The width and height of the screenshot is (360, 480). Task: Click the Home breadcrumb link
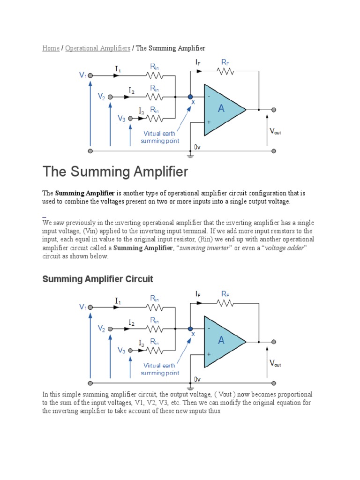51,48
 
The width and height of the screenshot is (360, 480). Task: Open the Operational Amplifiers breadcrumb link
97,48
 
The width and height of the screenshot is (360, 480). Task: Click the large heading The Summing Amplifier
115,172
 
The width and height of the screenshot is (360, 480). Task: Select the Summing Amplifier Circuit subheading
97,279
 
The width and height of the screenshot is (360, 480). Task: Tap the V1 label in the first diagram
82,75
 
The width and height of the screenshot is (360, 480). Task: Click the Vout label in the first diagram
275,132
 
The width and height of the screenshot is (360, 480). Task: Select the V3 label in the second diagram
121,350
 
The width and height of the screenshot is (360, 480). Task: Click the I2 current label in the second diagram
132,323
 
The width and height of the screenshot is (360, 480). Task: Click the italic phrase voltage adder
285,248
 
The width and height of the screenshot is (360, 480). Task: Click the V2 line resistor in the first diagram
154,97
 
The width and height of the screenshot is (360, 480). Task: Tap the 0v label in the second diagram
197,379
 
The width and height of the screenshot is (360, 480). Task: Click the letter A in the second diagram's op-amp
221,341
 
